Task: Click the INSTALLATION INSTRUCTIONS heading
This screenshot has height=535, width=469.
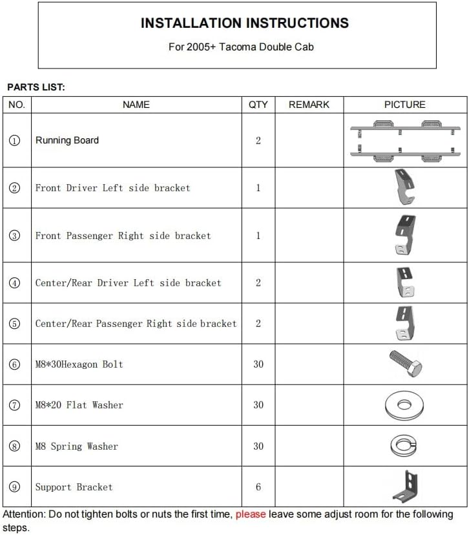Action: click(x=244, y=23)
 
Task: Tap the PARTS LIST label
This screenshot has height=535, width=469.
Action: click(x=36, y=87)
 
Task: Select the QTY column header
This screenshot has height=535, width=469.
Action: click(x=258, y=105)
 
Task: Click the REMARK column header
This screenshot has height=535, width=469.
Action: click(x=309, y=105)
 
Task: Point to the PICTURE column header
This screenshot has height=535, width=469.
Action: click(x=404, y=105)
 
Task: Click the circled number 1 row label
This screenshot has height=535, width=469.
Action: click(x=16, y=141)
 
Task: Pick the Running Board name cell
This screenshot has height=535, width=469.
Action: click(x=67, y=141)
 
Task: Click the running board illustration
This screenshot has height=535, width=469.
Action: click(x=405, y=140)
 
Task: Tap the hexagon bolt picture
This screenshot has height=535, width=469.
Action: click(x=406, y=363)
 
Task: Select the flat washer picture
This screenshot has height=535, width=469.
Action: click(x=404, y=405)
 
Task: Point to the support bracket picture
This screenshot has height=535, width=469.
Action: click(x=406, y=487)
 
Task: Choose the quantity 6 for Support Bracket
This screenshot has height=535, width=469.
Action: click(x=258, y=487)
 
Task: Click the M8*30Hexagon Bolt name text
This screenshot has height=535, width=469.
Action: click(x=79, y=364)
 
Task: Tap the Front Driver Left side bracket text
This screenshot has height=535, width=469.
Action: click(x=112, y=188)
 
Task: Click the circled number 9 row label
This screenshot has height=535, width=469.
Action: click(x=16, y=487)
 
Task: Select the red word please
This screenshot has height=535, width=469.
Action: click(x=251, y=515)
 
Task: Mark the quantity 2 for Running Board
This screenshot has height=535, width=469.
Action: click(x=258, y=141)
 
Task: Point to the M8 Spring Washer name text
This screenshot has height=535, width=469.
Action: click(x=76, y=446)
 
